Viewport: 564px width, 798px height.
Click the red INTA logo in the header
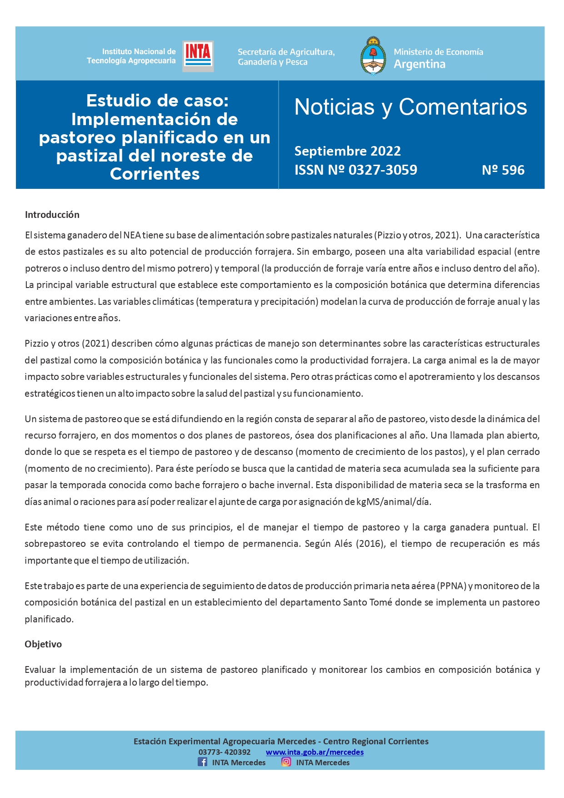pos(198,56)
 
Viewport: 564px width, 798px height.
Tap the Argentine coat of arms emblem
pos(373,56)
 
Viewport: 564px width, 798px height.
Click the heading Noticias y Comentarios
pos(410,107)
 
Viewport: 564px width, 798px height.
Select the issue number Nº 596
pos(503,170)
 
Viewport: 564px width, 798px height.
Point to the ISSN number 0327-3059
pos(383,170)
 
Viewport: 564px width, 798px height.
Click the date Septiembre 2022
pos(347,151)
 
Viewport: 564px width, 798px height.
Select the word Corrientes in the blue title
pos(155,174)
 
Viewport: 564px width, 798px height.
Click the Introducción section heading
pos(52,215)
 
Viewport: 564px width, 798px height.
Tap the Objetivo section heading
pos(43,644)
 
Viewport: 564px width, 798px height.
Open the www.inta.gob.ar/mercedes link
pos(314,752)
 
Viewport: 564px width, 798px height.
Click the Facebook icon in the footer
pos(202,762)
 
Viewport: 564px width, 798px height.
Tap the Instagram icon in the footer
pos(286,762)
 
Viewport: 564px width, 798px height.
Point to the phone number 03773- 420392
pos(225,752)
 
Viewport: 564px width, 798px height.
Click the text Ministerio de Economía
pos(438,52)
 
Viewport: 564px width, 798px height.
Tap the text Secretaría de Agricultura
pos(286,52)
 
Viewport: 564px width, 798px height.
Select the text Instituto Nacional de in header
pos(139,51)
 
